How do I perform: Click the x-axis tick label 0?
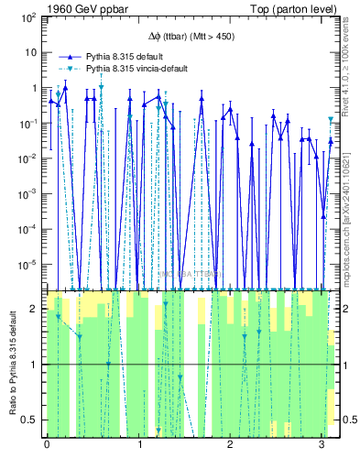tap(47, 446)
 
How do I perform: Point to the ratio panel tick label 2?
tap(35, 309)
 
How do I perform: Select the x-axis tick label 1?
tap(139, 446)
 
